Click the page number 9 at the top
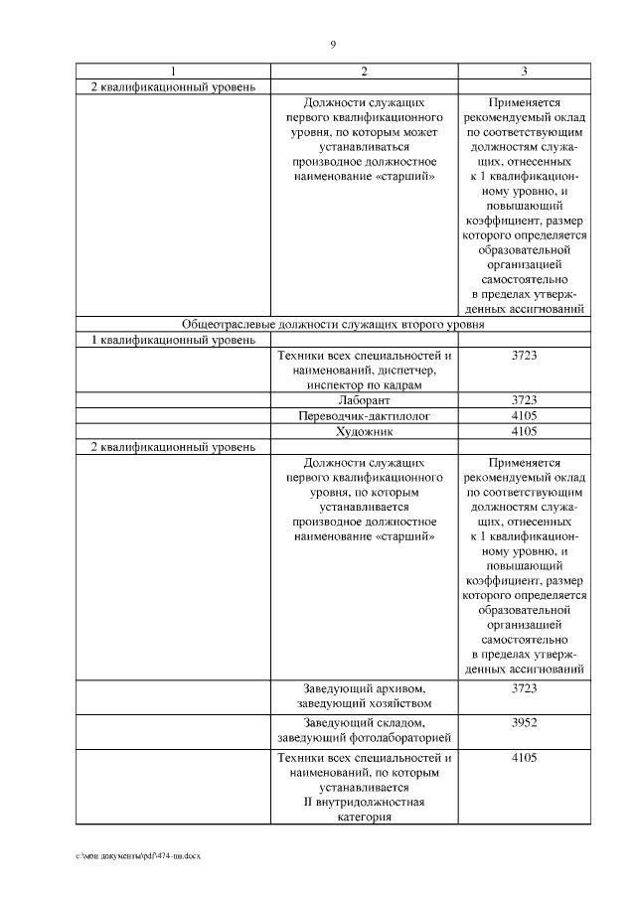point(333,45)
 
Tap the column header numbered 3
point(524,72)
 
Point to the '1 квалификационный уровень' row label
point(160,341)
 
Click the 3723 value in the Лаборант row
point(524,400)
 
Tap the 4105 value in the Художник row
point(524,431)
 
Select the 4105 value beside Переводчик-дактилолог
point(524,416)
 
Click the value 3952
point(524,722)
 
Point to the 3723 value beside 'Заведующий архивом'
point(524,687)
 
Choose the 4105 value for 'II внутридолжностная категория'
point(524,757)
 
